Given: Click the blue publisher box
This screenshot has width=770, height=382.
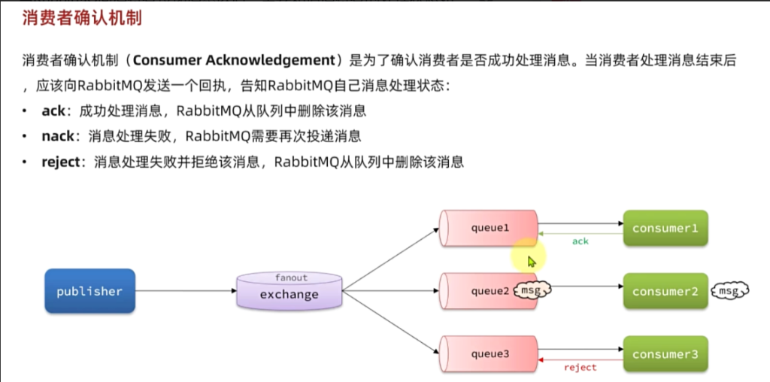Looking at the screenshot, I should (89, 291).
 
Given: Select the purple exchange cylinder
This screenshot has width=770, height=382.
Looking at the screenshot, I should (290, 293).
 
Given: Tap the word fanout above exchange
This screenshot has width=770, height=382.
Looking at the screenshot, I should (291, 277).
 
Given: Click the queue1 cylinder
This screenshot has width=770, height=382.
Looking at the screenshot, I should (490, 228).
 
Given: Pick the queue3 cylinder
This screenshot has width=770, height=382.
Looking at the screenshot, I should (490, 354).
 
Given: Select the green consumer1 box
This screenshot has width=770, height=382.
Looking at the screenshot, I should (665, 228).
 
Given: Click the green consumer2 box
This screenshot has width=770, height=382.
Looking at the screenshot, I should (665, 291).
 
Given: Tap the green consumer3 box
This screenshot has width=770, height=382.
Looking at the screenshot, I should (665, 354).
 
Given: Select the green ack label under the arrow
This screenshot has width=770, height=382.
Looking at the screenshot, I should (580, 241).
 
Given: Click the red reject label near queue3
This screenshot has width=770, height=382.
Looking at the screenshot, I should (580, 368).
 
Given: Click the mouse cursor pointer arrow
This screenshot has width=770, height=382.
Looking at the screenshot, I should (532, 261).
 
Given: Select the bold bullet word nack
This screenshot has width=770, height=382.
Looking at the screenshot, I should (59, 136).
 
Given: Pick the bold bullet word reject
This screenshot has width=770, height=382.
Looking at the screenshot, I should (60, 161).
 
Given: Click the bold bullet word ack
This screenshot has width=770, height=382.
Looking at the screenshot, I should (53, 111).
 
